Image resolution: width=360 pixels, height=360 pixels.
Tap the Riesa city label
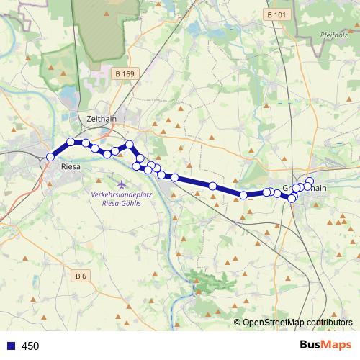coord(71,167)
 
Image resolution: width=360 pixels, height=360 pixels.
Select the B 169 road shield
coord(125,73)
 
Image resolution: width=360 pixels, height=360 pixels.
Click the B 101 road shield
coord(275,14)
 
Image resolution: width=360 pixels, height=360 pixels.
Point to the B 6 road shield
coord(81,275)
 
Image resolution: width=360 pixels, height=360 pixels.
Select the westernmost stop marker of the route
coord(50,157)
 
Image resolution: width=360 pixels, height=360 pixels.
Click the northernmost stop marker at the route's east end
coord(310,181)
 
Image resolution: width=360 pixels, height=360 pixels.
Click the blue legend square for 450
coord(10,346)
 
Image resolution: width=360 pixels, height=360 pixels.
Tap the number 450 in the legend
coord(30,346)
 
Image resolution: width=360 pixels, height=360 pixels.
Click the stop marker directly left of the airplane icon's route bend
coord(136,166)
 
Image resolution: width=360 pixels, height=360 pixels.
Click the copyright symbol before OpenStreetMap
coord(238,323)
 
